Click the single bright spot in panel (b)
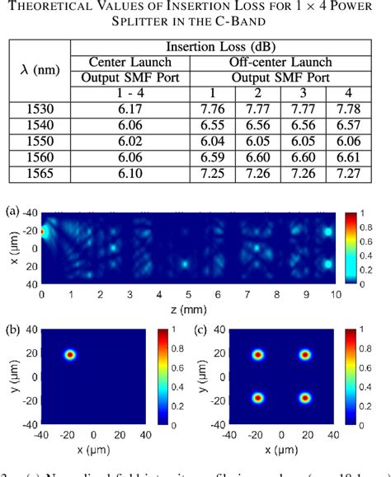70,355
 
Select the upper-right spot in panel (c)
305,355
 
